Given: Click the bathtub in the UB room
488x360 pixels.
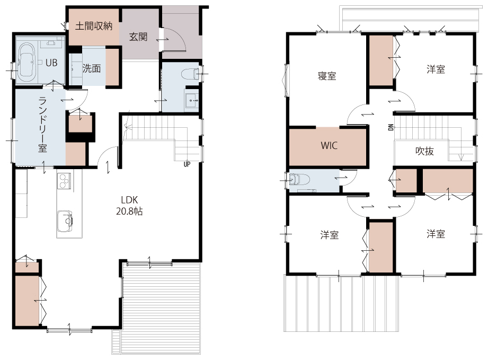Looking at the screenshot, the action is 26,62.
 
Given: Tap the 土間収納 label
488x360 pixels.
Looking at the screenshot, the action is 94,26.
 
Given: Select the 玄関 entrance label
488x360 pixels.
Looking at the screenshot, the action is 138,37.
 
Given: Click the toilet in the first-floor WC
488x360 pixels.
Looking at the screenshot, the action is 190,74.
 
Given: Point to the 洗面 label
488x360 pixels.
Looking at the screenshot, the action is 92,68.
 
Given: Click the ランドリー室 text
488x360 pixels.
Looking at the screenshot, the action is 42,125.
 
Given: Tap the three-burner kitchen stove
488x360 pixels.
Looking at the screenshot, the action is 64,181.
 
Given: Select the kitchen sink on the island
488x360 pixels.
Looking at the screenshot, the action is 65,221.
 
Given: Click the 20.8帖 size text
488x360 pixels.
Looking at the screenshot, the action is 129,212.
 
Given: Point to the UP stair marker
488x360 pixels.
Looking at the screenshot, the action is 187,164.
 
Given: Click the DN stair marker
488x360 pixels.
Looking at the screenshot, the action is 391,127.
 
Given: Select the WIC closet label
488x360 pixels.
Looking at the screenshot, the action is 329,145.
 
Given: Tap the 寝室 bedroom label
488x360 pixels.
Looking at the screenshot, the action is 327,76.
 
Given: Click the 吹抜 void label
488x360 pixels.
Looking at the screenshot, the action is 424,151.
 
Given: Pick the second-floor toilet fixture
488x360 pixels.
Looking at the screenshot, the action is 299,179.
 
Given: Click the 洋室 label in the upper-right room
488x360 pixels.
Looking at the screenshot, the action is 436,69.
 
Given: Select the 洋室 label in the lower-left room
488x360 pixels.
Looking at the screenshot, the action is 329,235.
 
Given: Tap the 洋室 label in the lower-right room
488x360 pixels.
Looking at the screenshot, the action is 436,234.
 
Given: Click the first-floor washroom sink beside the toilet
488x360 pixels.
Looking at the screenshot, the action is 191,100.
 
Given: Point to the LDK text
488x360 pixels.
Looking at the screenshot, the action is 129,200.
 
